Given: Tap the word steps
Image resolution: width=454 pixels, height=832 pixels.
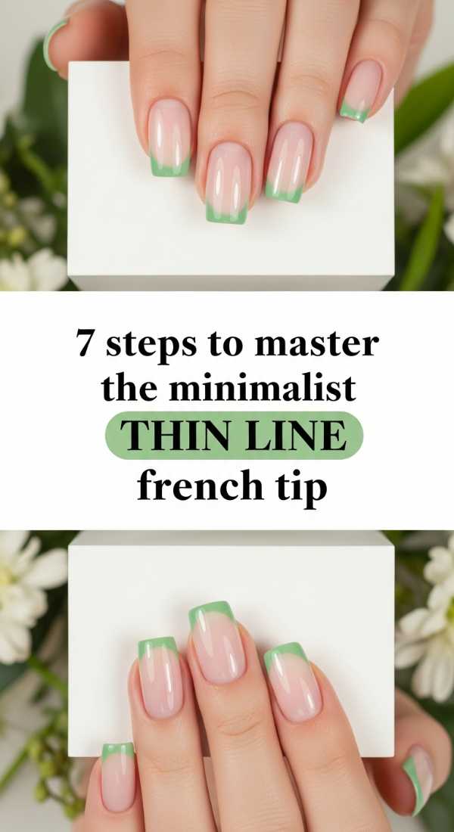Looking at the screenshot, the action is [151, 346].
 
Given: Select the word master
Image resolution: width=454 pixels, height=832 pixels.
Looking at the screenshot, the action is [316, 344].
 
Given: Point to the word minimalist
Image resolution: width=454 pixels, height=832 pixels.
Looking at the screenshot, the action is [262, 389].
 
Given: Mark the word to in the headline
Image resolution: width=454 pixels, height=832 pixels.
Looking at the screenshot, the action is [225, 346].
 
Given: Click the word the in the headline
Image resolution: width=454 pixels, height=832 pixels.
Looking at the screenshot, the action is [129, 389].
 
